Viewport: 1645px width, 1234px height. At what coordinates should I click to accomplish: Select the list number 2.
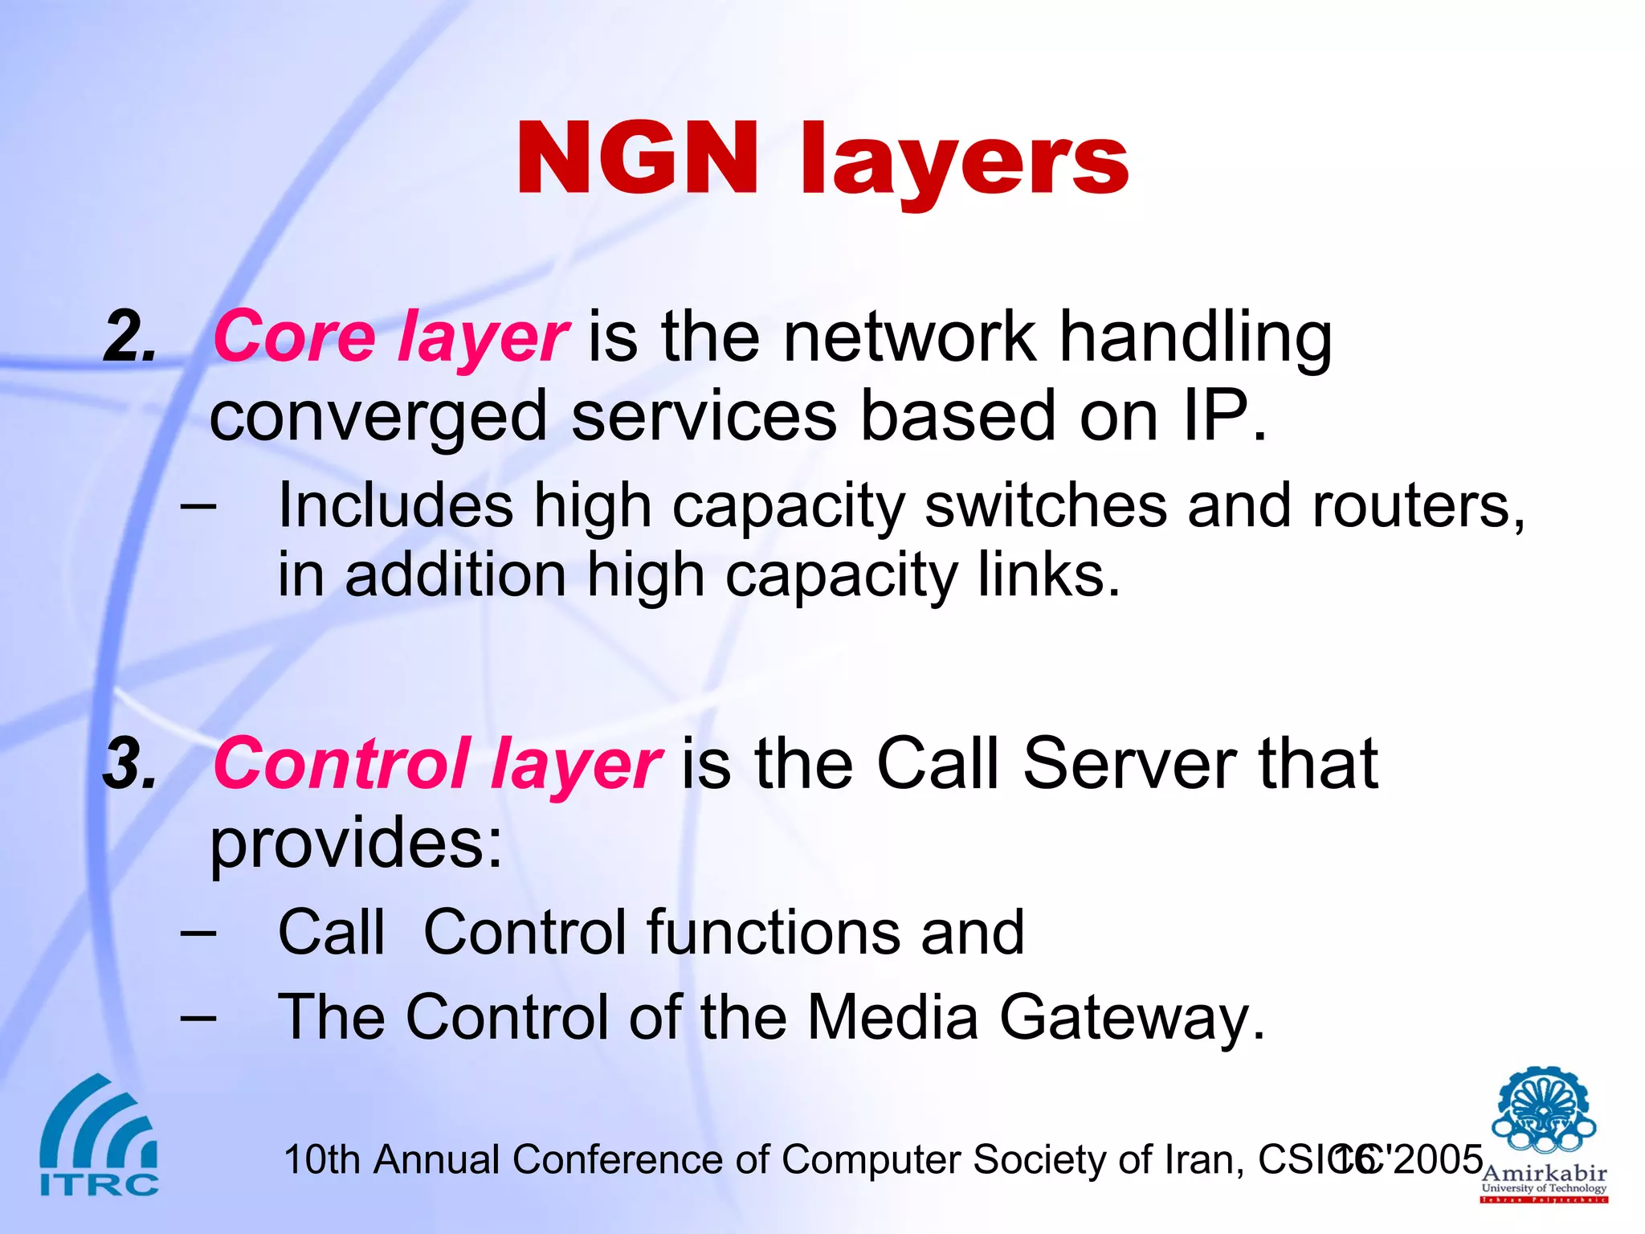coord(129,337)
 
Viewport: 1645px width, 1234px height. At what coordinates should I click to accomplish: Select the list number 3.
coord(129,763)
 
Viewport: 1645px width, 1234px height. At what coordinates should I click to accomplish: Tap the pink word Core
coord(294,337)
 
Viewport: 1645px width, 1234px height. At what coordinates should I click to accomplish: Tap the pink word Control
coord(341,763)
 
